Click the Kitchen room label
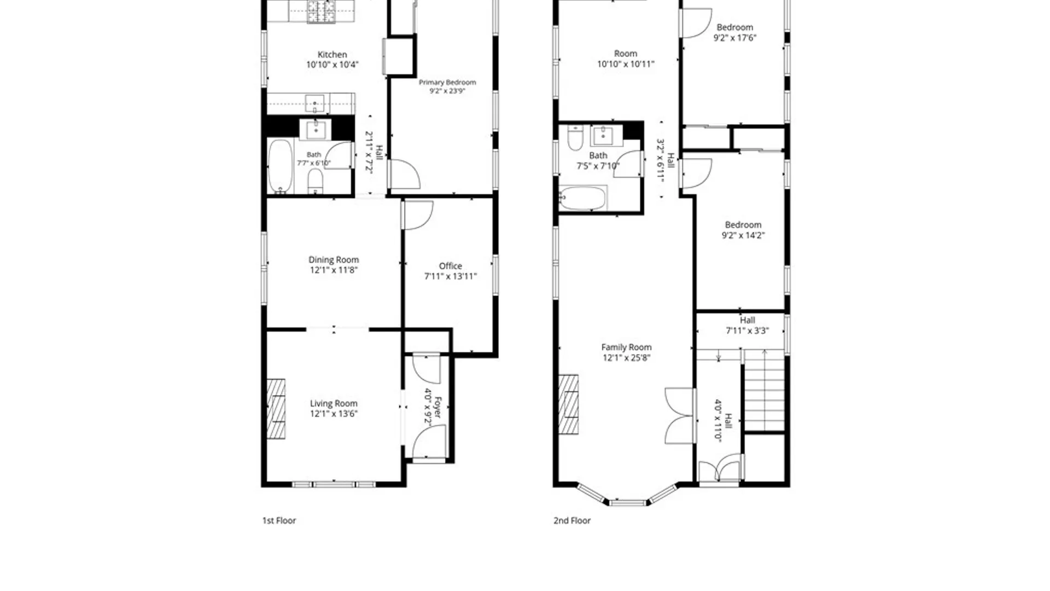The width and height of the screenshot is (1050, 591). [332, 55]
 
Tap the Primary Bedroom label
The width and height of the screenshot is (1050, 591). [447, 82]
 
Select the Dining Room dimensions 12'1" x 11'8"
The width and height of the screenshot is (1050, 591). [334, 270]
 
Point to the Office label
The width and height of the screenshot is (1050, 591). [450, 266]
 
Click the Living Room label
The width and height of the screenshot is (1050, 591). [334, 403]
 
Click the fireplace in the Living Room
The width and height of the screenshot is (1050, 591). [276, 409]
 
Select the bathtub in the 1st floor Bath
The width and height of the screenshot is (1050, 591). [281, 166]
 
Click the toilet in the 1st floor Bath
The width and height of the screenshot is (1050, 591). [316, 181]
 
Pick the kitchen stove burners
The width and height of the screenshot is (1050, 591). [320, 11]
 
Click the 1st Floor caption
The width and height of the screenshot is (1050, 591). [279, 520]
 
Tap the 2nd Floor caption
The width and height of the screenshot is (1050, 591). [572, 520]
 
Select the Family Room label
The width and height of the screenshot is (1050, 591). [626, 347]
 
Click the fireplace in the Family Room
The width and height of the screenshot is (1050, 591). [569, 404]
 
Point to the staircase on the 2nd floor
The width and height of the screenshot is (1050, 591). [765, 391]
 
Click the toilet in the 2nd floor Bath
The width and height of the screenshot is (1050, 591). [575, 138]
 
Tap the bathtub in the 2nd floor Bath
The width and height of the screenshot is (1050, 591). [583, 198]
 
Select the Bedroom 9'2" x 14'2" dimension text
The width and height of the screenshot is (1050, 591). [743, 235]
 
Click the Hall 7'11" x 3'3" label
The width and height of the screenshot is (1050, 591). [748, 326]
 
